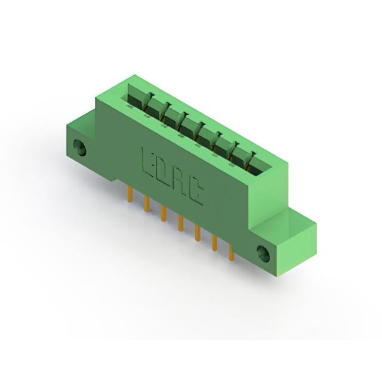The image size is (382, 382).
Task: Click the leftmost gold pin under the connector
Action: pyautogui.click(x=130, y=195)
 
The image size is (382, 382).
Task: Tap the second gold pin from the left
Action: pyautogui.click(x=147, y=204)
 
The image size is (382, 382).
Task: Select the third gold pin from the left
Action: pyautogui.click(x=164, y=213)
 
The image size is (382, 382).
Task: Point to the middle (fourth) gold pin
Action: pyautogui.click(x=180, y=223)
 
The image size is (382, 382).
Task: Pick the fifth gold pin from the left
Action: pyautogui.click(x=198, y=233)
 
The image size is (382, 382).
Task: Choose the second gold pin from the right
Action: pyautogui.click(x=215, y=243)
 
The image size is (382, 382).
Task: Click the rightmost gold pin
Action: pyautogui.click(x=232, y=252)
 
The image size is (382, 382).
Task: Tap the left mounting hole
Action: pyautogui.click(x=79, y=147)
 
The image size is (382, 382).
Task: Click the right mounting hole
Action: pyautogui.click(x=264, y=254)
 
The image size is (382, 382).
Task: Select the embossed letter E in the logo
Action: pyautogui.click(x=147, y=160)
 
